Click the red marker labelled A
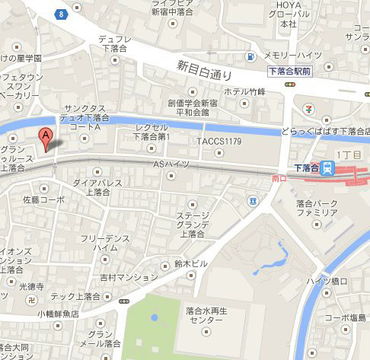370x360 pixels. (46, 139)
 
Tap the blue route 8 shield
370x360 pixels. (61, 13)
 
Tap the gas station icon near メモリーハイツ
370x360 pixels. (249, 56)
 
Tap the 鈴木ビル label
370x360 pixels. (190, 263)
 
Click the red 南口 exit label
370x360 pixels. (279, 178)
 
